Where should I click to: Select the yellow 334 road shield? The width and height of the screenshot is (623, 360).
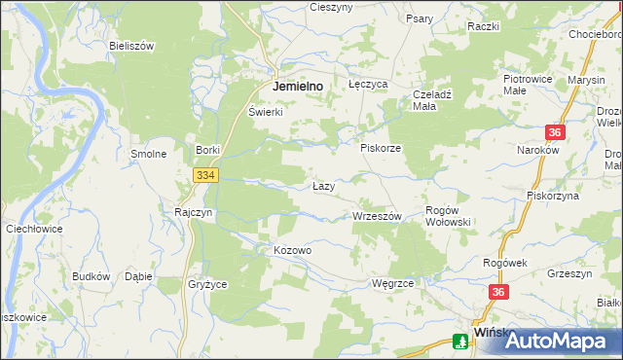pyautogui.click(x=204, y=175)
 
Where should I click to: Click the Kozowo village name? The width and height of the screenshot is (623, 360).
pyautogui.click(x=292, y=250)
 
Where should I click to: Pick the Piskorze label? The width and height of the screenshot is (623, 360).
pyautogui.click(x=381, y=148)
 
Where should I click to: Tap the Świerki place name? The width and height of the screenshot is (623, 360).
pyautogui.click(x=265, y=111)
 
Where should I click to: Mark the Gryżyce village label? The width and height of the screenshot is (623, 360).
pyautogui.click(x=206, y=284)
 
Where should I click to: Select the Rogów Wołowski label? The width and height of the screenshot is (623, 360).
pyautogui.click(x=449, y=216)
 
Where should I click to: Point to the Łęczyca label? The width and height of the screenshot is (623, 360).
pyautogui.click(x=368, y=85)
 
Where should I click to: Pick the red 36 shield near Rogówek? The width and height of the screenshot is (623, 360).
pyautogui.click(x=499, y=292)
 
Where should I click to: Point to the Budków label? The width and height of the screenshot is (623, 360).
pyautogui.click(x=91, y=276)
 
